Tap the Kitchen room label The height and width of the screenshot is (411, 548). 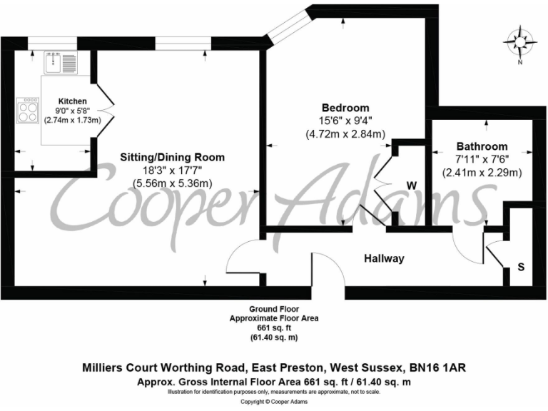tap(73, 101)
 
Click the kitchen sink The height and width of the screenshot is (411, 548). tap(54, 64)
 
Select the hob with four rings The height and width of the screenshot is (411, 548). tap(29, 111)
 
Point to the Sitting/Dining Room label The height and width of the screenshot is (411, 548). tap(172, 158)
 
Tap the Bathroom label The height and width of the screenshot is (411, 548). tap(482, 146)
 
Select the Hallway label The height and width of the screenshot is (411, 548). tap(384, 258)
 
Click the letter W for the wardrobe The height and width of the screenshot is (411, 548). tap(411, 186)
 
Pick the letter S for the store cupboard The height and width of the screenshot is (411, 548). tap(520, 268)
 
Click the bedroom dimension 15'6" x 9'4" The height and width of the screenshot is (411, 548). tap(346, 121)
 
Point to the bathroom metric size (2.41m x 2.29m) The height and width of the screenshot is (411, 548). tap(482, 173)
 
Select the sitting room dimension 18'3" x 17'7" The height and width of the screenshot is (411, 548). tap(172, 171)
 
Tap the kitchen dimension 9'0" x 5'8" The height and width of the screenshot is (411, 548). tap(73, 111)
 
